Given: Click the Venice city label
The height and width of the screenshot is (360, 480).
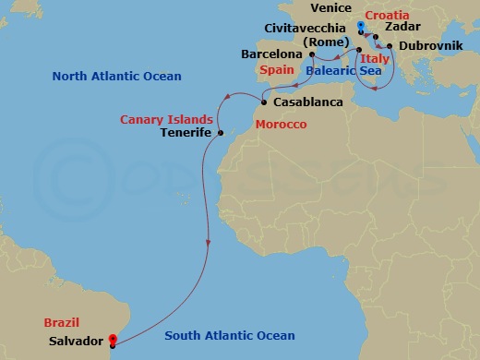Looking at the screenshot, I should click(331, 8).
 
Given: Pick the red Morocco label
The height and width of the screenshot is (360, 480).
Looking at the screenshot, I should click(280, 124).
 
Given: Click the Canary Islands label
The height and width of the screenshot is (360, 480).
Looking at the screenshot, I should click(166, 119).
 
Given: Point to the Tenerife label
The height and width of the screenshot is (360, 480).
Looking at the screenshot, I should click(187, 133).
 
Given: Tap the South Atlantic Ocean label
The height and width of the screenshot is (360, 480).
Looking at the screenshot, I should click(229, 336).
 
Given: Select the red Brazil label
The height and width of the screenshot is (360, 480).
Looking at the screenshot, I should click(61, 323).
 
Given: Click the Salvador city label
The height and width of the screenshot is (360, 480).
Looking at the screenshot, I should click(75, 341).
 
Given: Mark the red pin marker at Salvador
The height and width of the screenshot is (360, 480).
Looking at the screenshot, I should click(112, 339).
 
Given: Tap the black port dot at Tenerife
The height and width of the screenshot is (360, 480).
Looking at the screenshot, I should click(220, 134).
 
